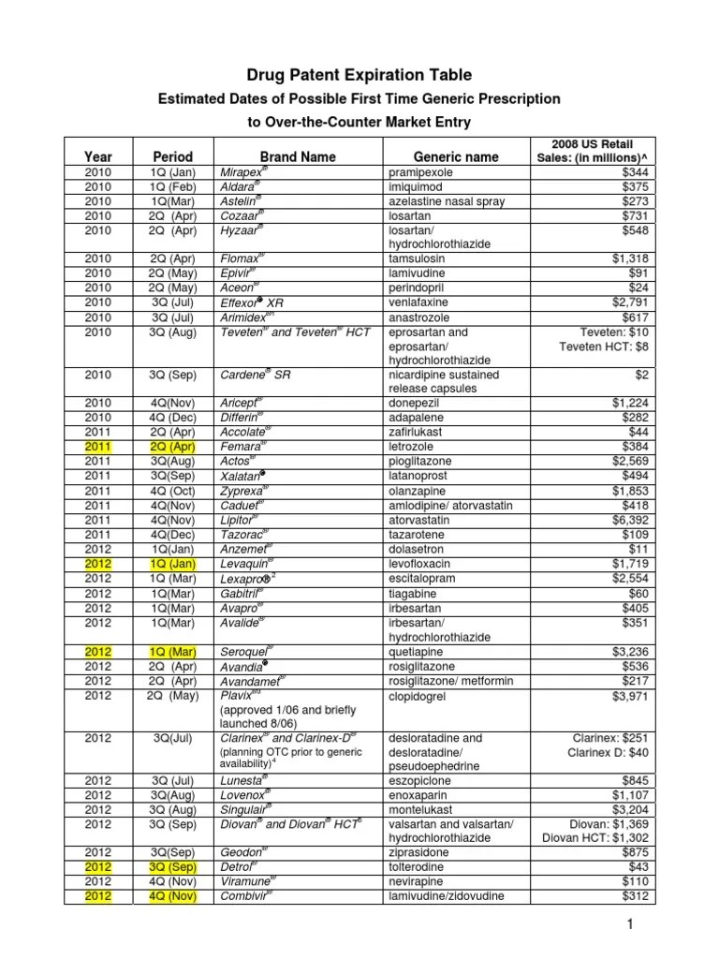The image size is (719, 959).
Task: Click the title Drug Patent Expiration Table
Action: tap(359, 75)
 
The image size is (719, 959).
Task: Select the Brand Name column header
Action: tap(298, 156)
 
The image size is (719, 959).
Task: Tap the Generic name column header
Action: tap(456, 156)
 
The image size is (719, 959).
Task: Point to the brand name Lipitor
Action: tap(239, 520)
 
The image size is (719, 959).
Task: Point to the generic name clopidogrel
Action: tap(422, 696)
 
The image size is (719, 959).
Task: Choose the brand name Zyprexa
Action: tap(242, 491)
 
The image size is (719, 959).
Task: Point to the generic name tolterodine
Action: tap(420, 867)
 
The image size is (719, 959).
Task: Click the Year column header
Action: tap(97, 156)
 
